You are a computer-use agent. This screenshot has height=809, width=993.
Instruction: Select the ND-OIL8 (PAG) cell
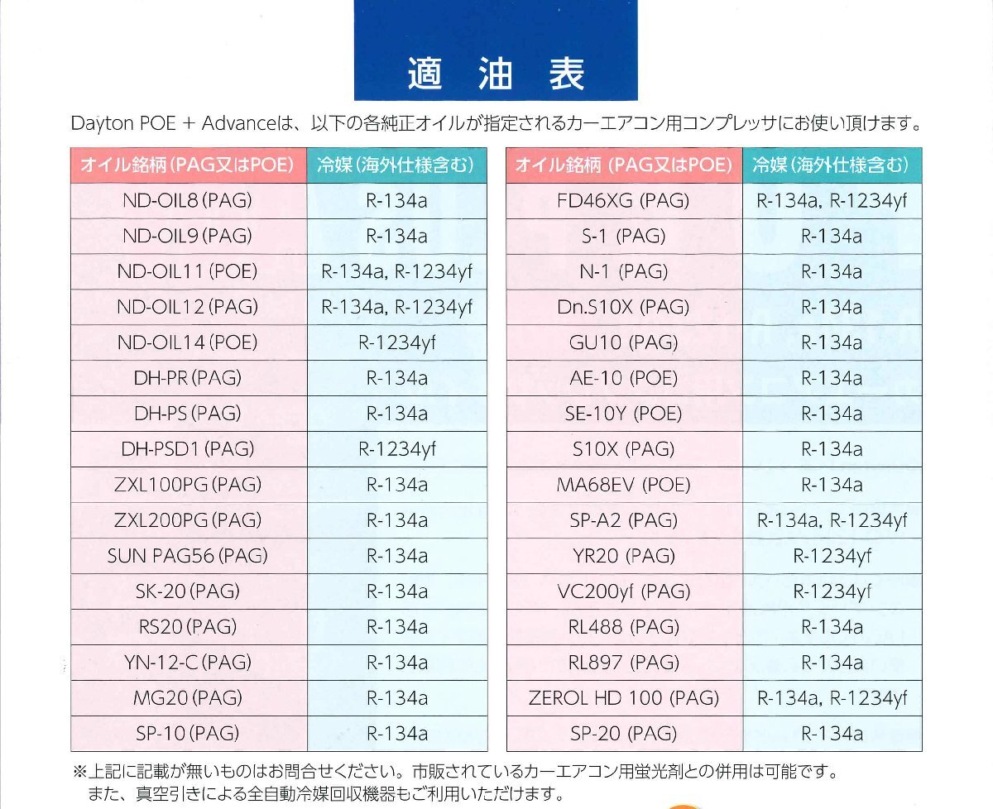click(187, 201)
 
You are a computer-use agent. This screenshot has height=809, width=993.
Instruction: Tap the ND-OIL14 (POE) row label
click(187, 342)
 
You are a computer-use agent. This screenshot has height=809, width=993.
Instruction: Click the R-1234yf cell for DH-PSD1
click(396, 449)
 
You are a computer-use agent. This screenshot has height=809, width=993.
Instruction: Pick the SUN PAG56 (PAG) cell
click(187, 556)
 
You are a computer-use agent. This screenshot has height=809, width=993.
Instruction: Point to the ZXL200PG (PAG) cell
click(187, 520)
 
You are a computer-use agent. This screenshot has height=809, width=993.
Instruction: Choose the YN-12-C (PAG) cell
click(187, 663)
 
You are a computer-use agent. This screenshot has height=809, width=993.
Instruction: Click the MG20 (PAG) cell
click(187, 698)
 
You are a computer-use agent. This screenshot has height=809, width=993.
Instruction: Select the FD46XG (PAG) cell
click(623, 201)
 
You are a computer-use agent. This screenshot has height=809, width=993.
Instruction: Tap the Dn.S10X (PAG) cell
click(623, 307)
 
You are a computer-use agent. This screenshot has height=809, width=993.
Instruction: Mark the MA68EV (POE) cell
click(623, 485)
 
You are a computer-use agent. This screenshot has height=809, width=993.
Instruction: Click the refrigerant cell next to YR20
click(832, 556)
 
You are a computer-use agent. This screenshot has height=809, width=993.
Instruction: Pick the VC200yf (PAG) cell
click(623, 591)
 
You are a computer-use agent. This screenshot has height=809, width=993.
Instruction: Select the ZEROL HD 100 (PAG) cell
click(623, 698)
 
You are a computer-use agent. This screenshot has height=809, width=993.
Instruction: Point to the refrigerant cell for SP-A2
click(832, 520)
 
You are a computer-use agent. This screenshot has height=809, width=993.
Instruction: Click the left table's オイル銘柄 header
click(187, 165)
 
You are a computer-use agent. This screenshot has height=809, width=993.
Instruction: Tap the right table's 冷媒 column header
click(832, 165)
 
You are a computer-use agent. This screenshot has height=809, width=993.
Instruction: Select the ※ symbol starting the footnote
click(79, 772)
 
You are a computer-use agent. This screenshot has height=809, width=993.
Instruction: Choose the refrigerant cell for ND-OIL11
click(396, 271)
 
